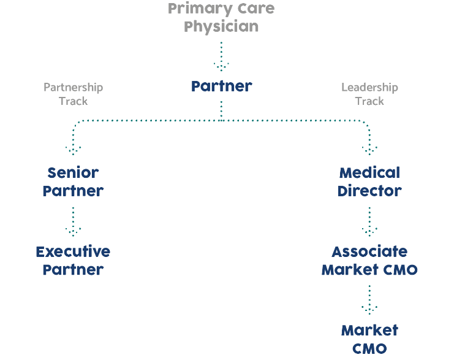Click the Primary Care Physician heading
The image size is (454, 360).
click(x=221, y=18)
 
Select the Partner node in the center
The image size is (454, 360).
click(x=221, y=86)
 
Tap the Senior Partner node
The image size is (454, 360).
click(x=73, y=182)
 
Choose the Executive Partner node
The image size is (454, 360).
click(x=73, y=261)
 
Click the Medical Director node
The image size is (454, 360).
click(x=369, y=182)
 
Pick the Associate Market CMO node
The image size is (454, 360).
click(x=369, y=261)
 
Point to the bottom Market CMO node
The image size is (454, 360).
click(x=369, y=339)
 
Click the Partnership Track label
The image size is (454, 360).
click(x=73, y=94)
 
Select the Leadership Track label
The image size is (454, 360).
click(x=369, y=94)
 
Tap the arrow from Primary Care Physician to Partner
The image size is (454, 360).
click(x=221, y=56)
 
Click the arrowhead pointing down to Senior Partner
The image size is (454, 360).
click(x=74, y=150)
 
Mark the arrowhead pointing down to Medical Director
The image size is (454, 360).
click(x=369, y=150)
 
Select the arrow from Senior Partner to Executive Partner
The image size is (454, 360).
click(x=74, y=222)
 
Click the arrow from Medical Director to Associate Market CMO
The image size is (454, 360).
click(x=369, y=222)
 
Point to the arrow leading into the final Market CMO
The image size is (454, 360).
click(x=369, y=301)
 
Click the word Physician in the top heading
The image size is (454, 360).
click(x=221, y=27)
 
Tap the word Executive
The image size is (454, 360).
click(x=73, y=251)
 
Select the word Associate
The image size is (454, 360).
click(x=369, y=251)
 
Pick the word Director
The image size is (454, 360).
click(x=369, y=191)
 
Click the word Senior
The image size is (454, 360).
click(x=73, y=172)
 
